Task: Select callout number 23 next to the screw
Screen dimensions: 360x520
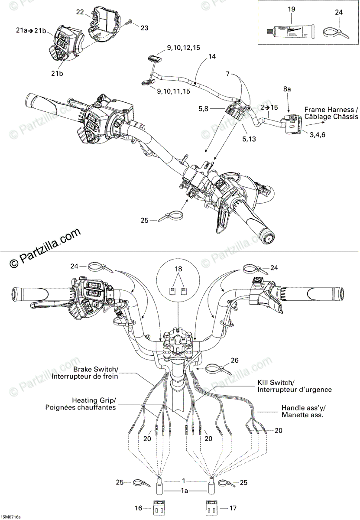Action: click(x=144, y=27)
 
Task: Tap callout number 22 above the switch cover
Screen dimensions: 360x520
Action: click(x=80, y=12)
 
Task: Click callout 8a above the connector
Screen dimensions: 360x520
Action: click(x=288, y=88)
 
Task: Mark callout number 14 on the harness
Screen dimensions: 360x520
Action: click(x=211, y=56)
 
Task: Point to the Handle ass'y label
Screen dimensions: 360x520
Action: click(x=302, y=411)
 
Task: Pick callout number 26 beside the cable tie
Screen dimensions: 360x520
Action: click(x=234, y=360)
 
